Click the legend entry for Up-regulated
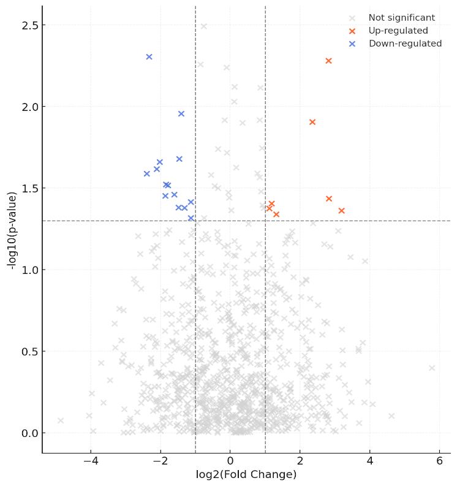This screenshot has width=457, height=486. [398, 31]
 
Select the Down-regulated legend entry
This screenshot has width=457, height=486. [404, 44]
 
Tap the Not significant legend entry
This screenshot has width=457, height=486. [401, 18]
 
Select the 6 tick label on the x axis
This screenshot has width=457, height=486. [439, 461]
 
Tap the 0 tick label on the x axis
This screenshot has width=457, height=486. [230, 461]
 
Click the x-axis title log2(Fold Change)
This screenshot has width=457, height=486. [246, 475]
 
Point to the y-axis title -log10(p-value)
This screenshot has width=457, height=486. [11, 230]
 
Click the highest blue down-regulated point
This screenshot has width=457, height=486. [149, 57]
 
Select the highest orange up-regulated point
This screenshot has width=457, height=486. [328, 61]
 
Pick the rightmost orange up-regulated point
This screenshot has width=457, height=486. [341, 211]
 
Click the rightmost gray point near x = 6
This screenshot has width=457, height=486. [432, 368]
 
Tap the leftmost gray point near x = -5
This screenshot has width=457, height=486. [60, 420]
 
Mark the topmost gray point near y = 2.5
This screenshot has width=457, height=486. [204, 26]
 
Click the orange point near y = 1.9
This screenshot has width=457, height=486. [312, 122]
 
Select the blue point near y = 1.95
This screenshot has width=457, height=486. [181, 113]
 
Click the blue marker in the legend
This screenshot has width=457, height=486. [352, 44]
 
